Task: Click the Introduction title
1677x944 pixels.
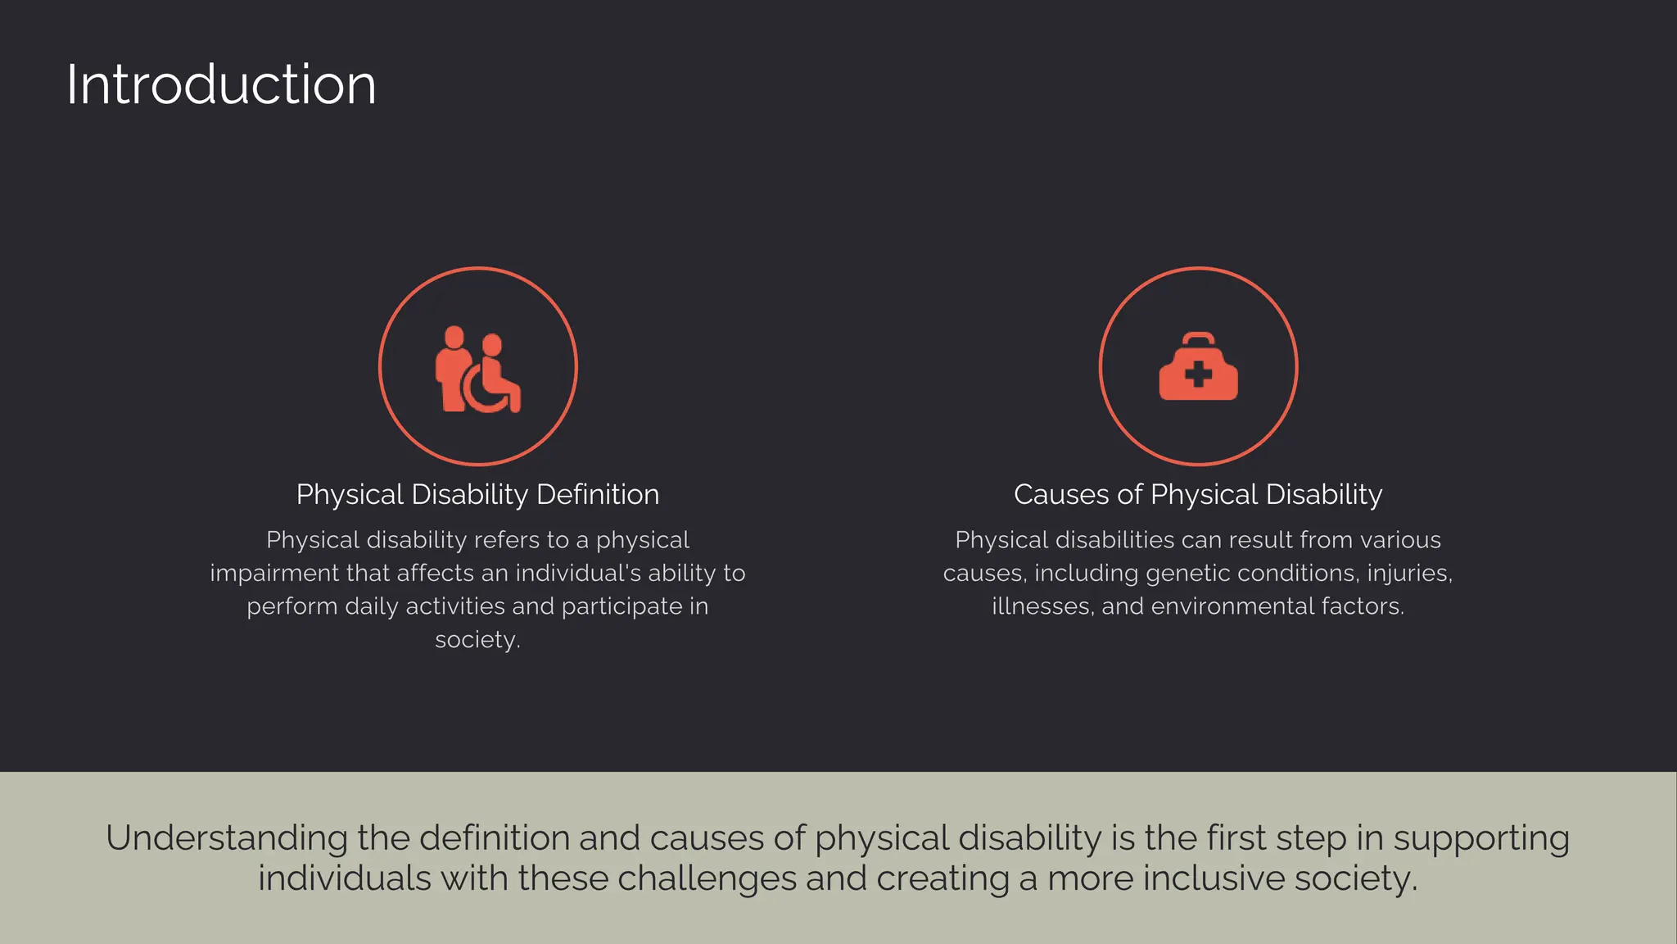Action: (x=221, y=84)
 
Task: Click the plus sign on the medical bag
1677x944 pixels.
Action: (x=1198, y=375)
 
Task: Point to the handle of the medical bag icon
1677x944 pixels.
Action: (x=1199, y=338)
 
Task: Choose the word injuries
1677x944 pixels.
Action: (x=1409, y=573)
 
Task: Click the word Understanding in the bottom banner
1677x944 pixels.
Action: (x=227, y=838)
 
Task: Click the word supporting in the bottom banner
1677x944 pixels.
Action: (x=1481, y=838)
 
